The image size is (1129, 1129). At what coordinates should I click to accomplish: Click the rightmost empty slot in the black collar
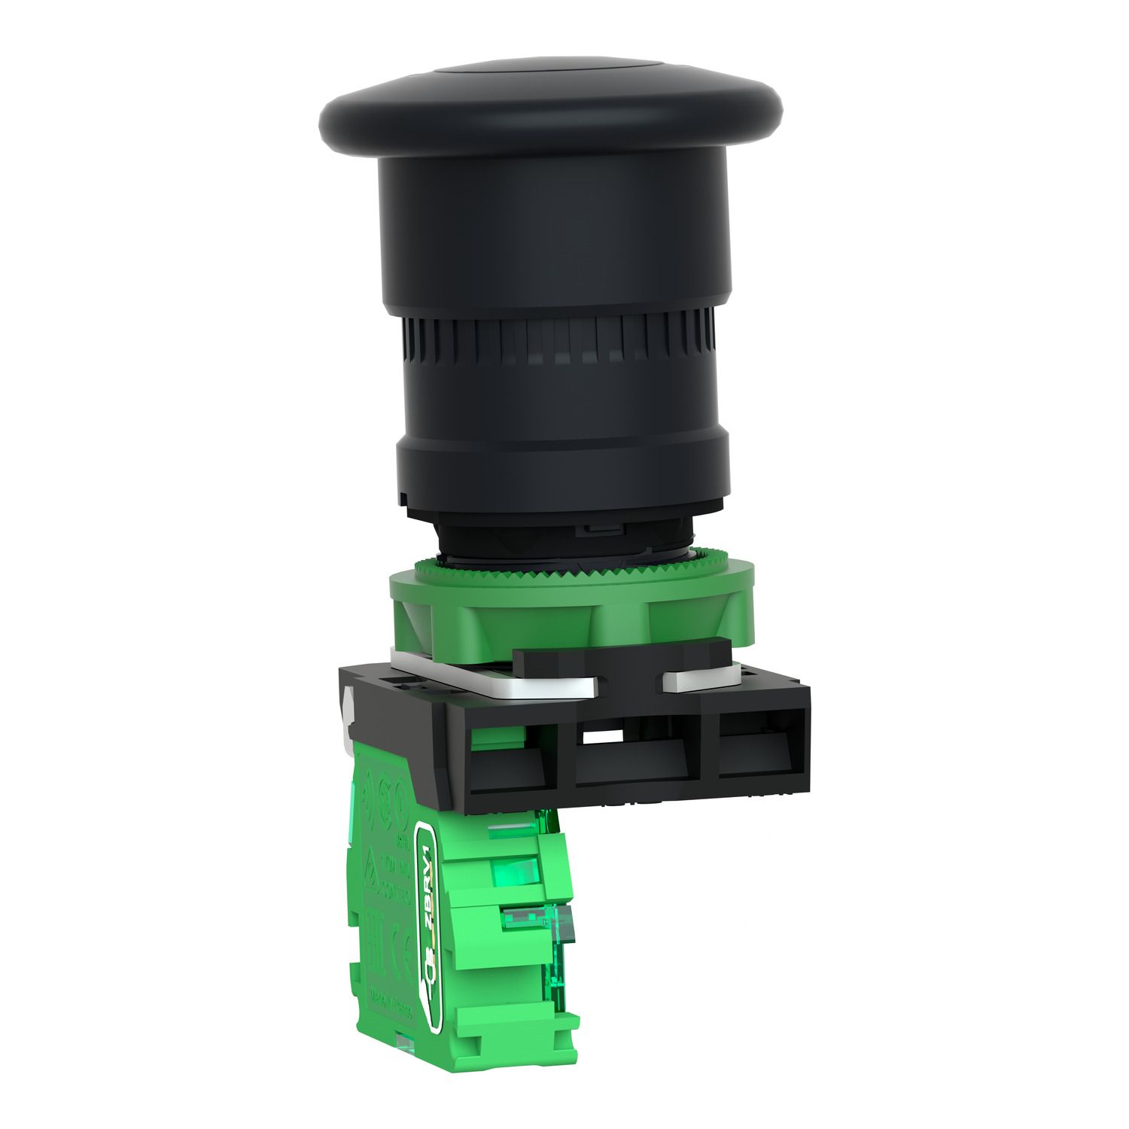tap(756, 745)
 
